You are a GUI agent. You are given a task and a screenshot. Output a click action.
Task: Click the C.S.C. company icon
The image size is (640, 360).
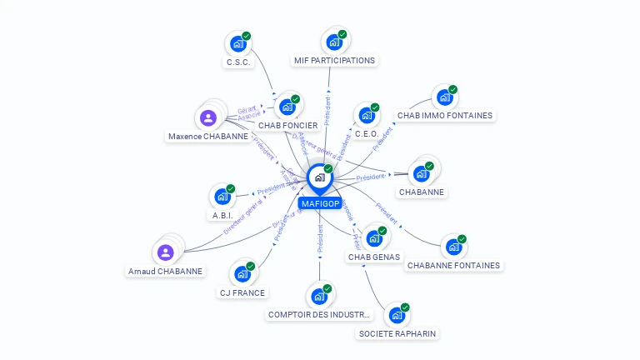(238, 43)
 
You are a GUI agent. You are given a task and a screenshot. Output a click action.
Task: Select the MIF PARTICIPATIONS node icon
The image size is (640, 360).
(334, 42)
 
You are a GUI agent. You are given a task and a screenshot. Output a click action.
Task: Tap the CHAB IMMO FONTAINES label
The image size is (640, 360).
(444, 116)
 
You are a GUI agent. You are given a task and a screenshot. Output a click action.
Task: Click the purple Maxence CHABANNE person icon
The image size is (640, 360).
(208, 118)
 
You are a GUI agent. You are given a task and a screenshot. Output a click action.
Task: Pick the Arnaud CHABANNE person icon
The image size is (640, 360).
(165, 252)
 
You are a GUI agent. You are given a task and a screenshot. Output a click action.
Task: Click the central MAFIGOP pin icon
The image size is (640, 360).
(319, 177)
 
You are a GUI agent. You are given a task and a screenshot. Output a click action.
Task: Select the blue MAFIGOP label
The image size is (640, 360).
(319, 203)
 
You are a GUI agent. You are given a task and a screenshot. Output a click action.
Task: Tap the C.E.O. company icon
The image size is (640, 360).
(366, 116)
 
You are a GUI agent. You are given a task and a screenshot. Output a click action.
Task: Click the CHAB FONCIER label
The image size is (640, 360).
(287, 126)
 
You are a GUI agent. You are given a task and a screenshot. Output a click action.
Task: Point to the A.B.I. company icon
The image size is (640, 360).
(222, 197)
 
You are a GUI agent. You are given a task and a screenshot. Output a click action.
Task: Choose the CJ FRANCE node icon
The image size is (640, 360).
(242, 274)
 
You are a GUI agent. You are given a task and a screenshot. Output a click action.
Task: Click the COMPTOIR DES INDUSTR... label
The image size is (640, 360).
(318, 315)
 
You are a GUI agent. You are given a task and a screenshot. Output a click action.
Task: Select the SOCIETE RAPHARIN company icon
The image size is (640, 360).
(397, 315)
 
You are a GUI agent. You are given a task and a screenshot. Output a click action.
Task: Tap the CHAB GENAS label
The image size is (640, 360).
(373, 257)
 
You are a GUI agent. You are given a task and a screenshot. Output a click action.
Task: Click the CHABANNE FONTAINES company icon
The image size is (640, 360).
(452, 247)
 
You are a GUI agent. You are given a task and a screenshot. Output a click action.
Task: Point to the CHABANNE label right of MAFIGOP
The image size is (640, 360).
(422, 192)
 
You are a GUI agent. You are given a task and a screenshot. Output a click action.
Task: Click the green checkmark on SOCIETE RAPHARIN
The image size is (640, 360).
(405, 307)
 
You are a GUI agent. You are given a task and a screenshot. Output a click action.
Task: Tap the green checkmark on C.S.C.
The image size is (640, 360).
(247, 36)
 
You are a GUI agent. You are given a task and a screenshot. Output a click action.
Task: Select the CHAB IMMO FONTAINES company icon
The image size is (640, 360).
(444, 97)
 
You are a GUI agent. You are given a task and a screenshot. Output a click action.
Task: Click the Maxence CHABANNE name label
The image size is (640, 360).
(207, 137)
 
